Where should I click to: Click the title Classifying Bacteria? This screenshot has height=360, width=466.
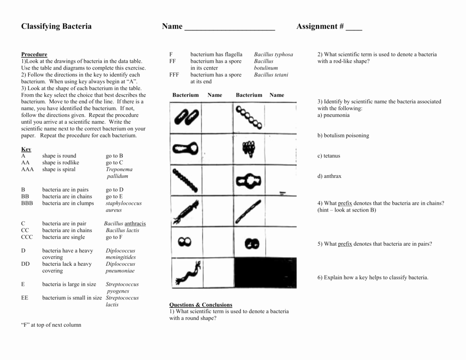(56, 26)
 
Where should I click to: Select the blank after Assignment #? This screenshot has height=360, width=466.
(354, 27)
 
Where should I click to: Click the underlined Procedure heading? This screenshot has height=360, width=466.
(34, 55)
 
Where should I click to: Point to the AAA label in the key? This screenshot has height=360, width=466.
(27, 170)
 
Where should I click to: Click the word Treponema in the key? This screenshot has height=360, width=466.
(119, 170)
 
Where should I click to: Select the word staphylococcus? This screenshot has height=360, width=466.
(124, 203)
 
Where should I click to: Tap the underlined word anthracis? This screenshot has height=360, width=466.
(135, 224)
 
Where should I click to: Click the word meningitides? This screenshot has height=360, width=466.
(121, 258)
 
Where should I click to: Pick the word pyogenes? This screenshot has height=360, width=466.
(118, 291)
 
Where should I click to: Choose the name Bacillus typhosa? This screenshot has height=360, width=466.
(274, 55)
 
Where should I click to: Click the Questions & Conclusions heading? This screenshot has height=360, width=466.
(201, 305)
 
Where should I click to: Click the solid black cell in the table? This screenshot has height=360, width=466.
(265, 272)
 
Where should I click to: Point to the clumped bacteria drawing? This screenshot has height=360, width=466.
(248, 148)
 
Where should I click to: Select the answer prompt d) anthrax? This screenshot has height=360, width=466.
(329, 177)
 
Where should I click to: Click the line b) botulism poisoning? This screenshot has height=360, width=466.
(343, 136)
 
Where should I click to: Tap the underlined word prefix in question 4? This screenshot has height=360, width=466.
(345, 203)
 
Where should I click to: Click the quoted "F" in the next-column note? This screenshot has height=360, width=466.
(25, 325)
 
